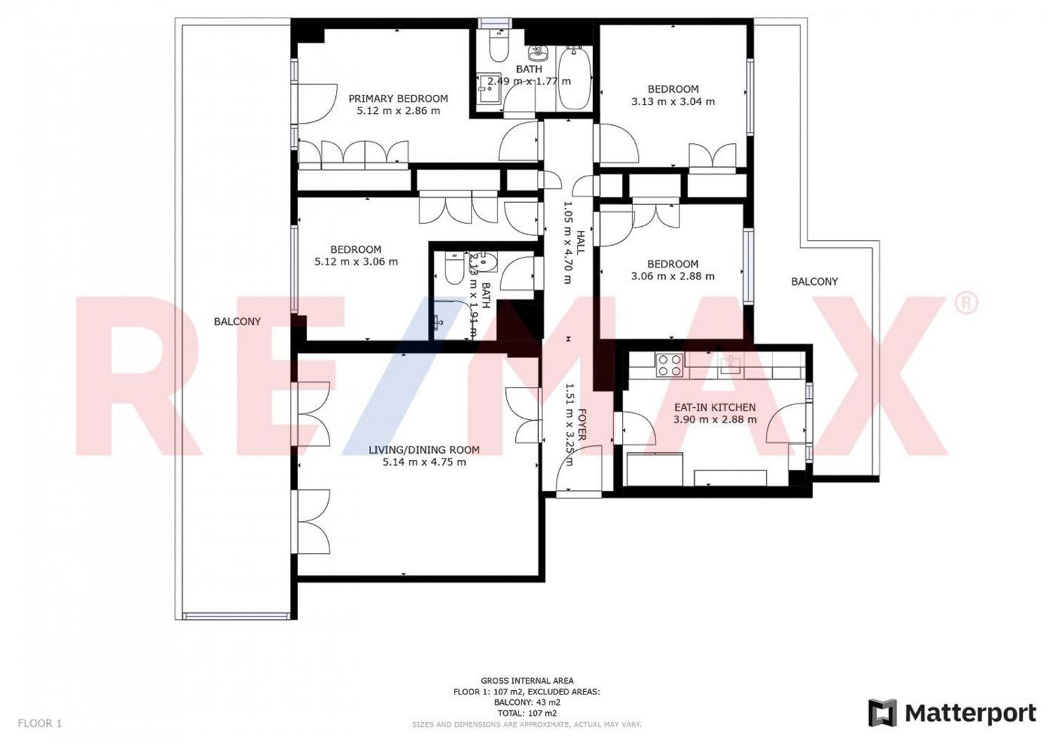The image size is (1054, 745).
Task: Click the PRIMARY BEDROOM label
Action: pos(398,98)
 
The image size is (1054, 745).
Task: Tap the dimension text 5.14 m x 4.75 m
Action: pos(424,462)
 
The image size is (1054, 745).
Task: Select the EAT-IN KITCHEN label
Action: pos(715,407)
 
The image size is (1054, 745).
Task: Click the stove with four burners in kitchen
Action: pos(669,365)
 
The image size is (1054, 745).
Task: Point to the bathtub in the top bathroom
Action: pos(575,77)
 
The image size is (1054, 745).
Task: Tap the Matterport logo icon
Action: pos(883,713)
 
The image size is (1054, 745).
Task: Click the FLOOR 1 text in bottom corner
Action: pos(40,723)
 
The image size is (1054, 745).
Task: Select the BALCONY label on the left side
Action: pos(237,322)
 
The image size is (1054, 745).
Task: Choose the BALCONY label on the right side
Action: pos(814,282)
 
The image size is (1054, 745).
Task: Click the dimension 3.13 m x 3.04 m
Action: pos(672,102)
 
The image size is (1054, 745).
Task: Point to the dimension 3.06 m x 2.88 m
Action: pos(672,277)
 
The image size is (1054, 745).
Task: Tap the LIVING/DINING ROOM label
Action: pos(424,450)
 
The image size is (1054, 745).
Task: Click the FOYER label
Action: pos(582,426)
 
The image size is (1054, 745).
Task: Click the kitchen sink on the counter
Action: pos(731,363)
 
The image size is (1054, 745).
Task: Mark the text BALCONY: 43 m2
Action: pos(527,702)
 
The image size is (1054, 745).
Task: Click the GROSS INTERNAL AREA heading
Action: pos(527,680)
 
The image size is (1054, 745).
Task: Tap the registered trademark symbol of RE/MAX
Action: pos(966,303)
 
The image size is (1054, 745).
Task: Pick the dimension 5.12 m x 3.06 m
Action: pos(356,262)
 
